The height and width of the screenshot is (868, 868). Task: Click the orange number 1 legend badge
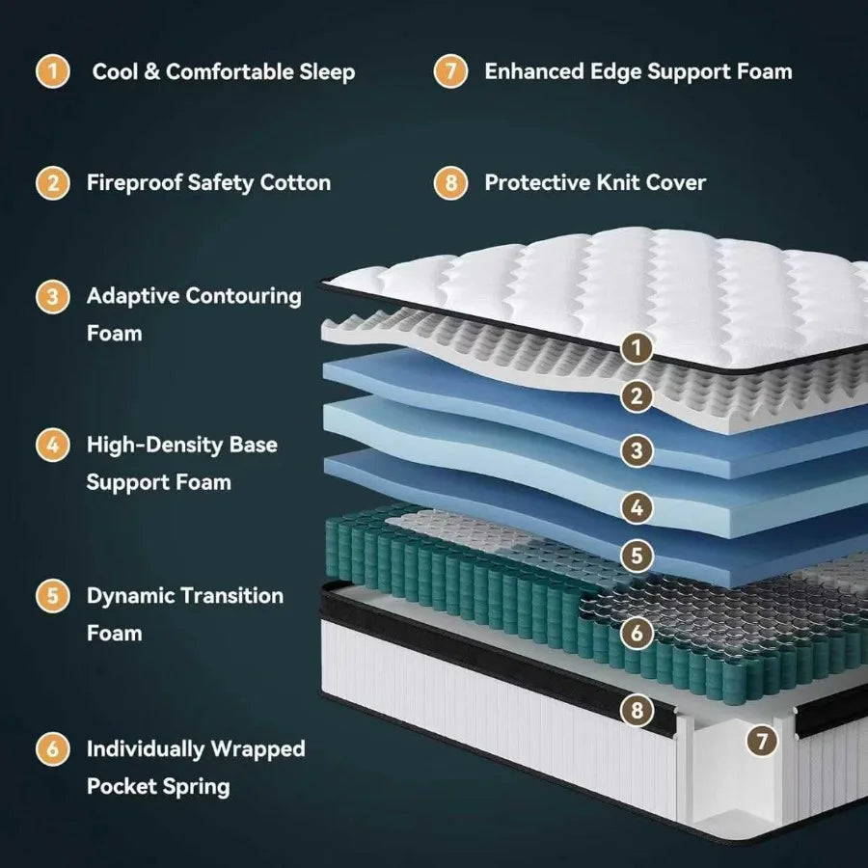(53, 72)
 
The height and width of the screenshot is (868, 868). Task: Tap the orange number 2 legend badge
(53, 182)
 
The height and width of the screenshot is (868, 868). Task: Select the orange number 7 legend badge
(450, 72)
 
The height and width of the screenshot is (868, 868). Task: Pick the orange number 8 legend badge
(450, 182)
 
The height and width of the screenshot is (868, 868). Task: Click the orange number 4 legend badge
(53, 445)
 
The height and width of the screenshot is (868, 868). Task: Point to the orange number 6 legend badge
(53, 748)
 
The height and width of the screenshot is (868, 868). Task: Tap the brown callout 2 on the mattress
(637, 395)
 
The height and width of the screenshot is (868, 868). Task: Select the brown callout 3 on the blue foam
(637, 449)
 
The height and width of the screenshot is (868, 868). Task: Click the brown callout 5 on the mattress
(637, 556)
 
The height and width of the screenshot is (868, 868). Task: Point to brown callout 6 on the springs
(637, 634)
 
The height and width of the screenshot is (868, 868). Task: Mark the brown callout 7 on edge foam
(763, 741)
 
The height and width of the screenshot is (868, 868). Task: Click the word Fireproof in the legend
(133, 182)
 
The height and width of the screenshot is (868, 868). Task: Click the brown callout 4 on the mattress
(637, 506)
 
